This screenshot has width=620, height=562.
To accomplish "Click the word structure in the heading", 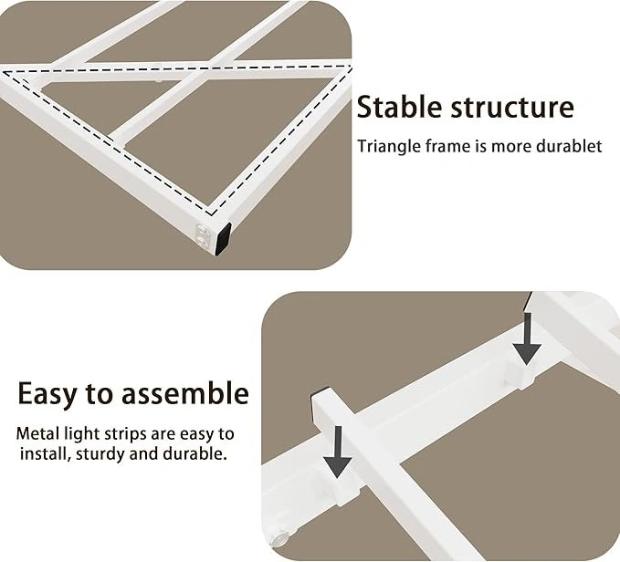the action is [x=512, y=107].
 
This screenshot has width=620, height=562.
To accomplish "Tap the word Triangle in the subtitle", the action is [x=389, y=147].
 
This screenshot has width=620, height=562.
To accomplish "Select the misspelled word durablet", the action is [x=569, y=146].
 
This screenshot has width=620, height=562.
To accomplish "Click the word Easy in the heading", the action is [x=47, y=394].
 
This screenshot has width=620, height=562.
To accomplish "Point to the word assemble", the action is [x=184, y=393].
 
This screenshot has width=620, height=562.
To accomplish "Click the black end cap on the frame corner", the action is [x=223, y=239].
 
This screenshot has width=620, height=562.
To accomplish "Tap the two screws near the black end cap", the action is [x=204, y=236].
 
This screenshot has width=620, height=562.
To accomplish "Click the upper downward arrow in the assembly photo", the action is [x=527, y=338].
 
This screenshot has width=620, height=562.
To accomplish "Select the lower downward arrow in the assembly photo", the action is [x=337, y=452].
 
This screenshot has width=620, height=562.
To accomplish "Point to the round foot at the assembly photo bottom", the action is [x=280, y=537].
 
